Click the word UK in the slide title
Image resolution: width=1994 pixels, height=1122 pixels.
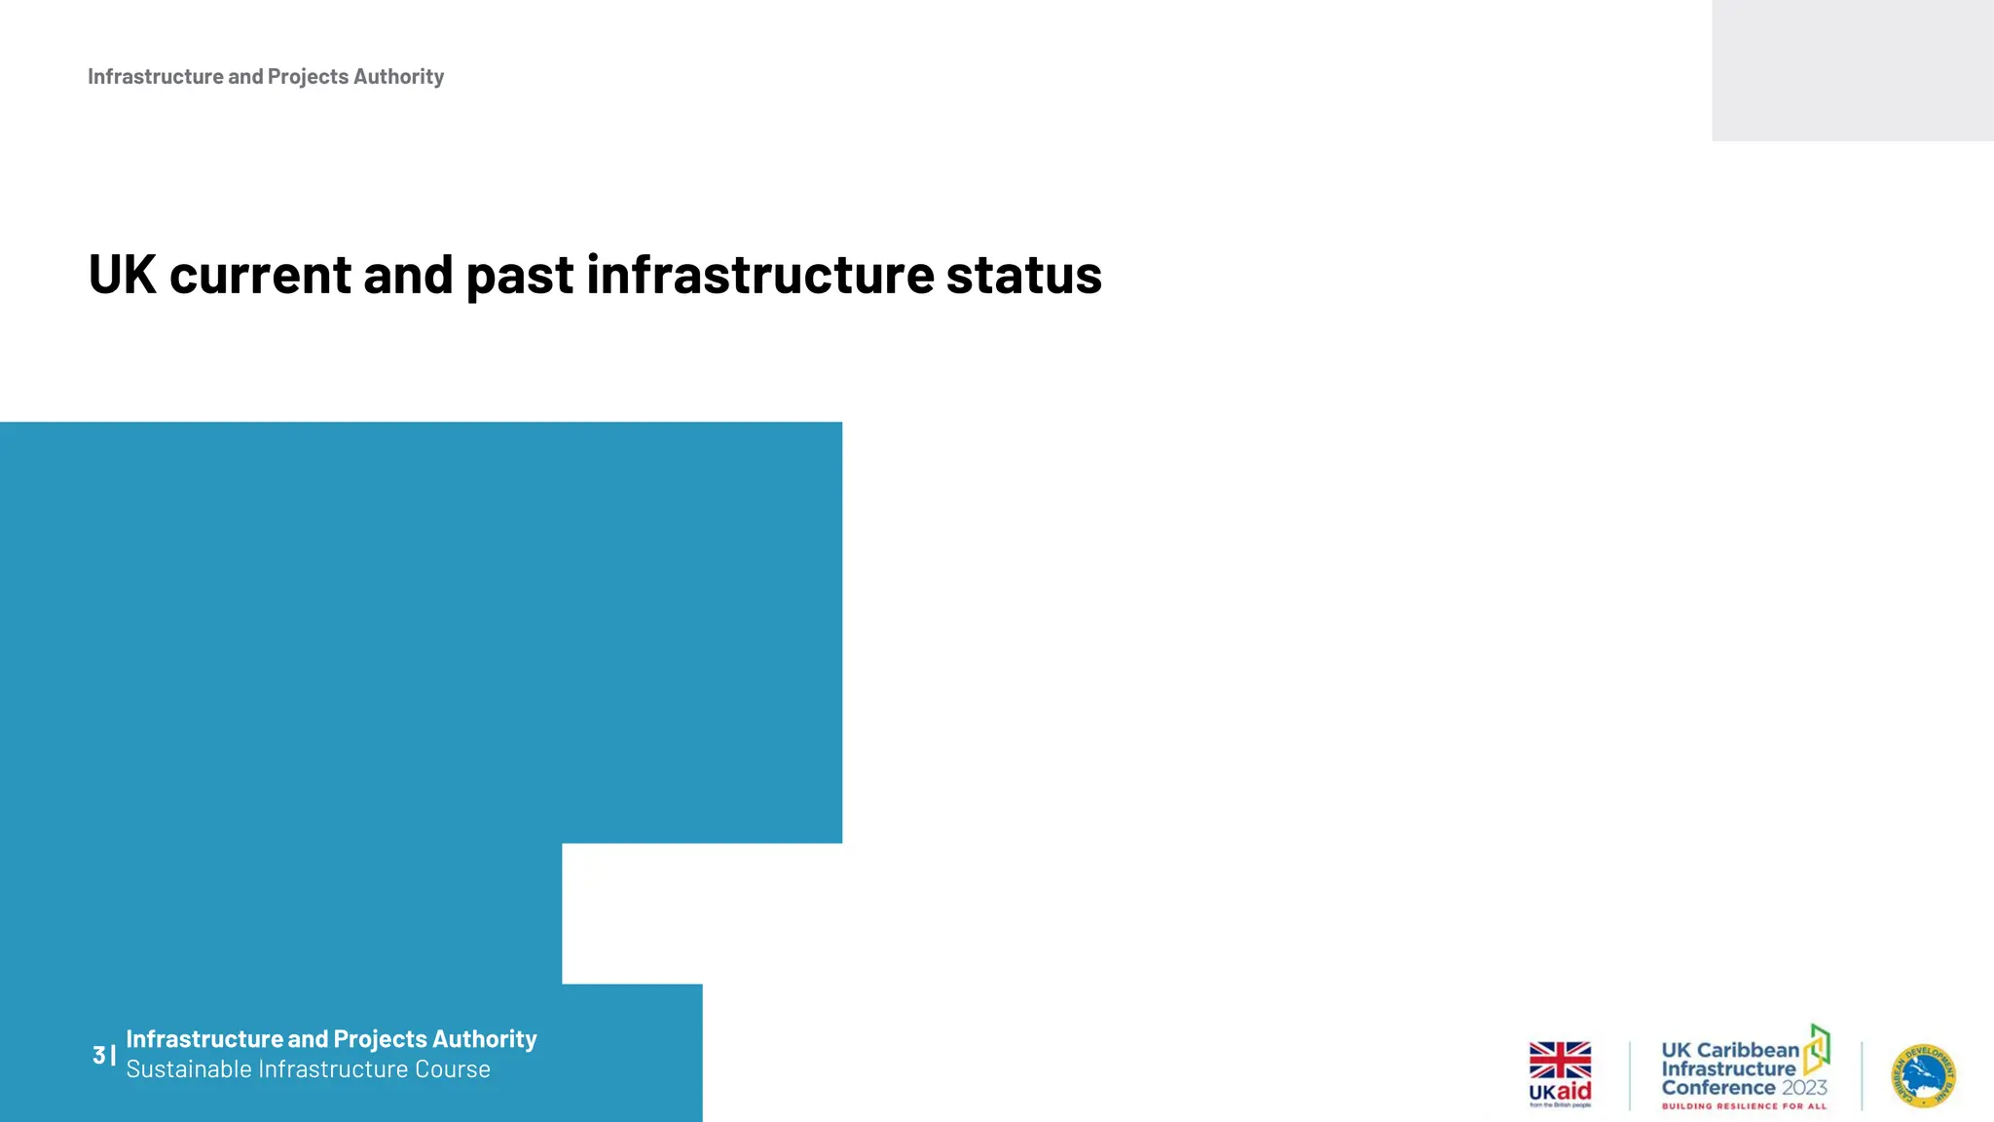click(122, 275)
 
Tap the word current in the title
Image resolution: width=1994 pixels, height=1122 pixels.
click(260, 275)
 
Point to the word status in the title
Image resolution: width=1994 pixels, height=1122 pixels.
click(1023, 275)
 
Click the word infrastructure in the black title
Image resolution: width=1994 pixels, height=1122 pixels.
click(759, 275)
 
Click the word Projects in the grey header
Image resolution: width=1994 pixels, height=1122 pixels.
click(308, 77)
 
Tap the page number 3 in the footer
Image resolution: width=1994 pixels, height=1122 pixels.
click(99, 1055)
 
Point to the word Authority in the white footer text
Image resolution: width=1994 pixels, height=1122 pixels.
click(484, 1039)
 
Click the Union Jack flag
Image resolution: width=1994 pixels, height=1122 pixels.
click(1560, 1060)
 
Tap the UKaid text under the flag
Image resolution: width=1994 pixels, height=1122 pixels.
click(1560, 1092)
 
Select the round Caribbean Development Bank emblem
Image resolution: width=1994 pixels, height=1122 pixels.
click(1924, 1076)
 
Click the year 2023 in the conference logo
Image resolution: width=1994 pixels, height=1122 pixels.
click(1804, 1088)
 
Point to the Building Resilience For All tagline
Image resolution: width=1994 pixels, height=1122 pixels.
click(1744, 1106)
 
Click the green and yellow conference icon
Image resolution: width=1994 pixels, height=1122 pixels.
click(1817, 1049)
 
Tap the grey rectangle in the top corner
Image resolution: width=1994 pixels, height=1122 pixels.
click(1852, 70)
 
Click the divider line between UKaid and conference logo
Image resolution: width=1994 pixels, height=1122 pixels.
click(1630, 1075)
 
